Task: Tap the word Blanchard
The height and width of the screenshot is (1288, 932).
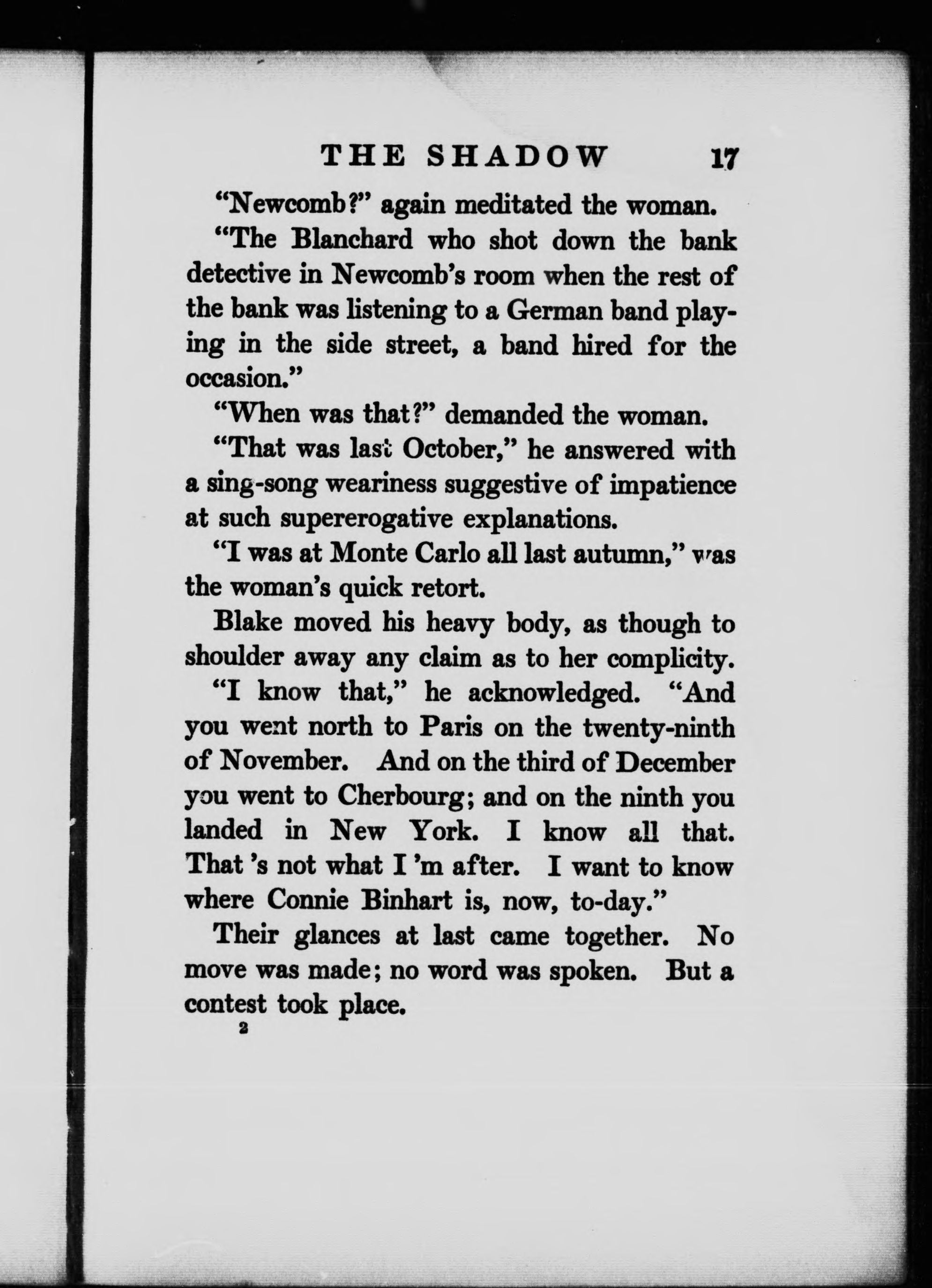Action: (x=351, y=241)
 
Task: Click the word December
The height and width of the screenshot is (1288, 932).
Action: (x=675, y=762)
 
